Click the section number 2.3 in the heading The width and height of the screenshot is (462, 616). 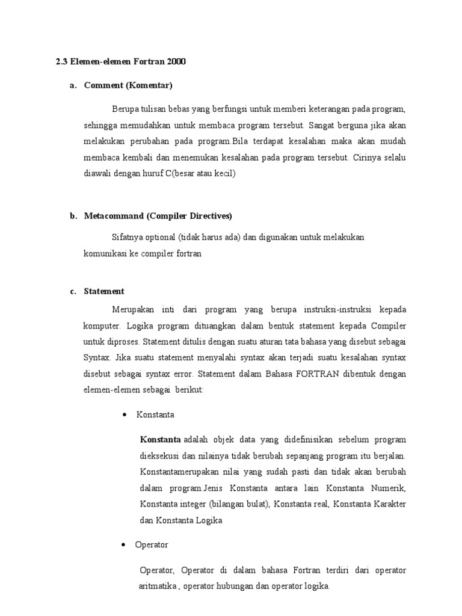pos(61,63)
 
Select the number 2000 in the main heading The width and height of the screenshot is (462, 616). pos(174,63)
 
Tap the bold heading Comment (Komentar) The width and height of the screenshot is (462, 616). pos(128,85)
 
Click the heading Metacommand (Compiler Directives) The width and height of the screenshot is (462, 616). pos(158,216)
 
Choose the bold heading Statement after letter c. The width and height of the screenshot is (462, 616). pos(104,291)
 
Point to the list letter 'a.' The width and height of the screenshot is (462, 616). pos(73,85)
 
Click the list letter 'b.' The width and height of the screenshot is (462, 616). pos(73,216)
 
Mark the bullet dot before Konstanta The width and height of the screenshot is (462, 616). pos(124,415)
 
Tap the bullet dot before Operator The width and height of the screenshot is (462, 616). pos(124,545)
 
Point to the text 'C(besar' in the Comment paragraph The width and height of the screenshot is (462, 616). pos(180,174)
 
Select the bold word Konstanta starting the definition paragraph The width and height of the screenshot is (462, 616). pos(161,439)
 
